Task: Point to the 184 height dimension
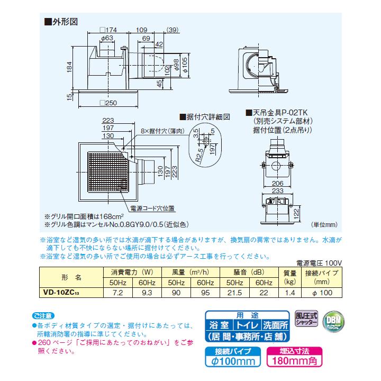(x=69, y=67)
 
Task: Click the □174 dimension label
(x=108, y=30)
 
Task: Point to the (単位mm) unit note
(x=324, y=225)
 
